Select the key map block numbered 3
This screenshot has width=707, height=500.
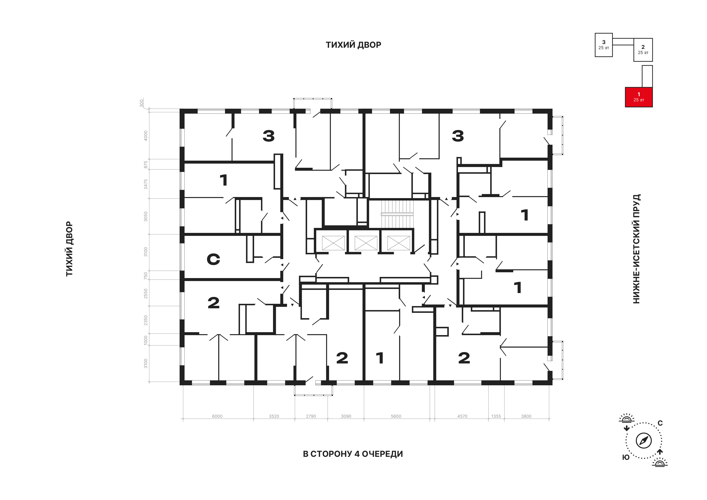coord(604,45)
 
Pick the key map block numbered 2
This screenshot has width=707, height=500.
coord(643,50)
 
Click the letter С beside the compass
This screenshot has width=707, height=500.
coord(660,423)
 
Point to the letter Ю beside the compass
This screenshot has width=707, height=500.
coord(626,458)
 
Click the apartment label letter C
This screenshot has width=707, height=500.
coord(213,259)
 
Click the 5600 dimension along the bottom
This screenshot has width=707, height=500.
coord(396,416)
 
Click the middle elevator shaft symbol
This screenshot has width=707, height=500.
coord(366,243)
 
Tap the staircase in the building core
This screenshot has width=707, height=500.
coord(397,214)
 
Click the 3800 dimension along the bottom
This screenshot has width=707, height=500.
coord(526,416)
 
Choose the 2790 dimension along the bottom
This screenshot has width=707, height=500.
coord(311,416)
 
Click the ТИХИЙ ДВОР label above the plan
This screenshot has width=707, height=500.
coord(353,45)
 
